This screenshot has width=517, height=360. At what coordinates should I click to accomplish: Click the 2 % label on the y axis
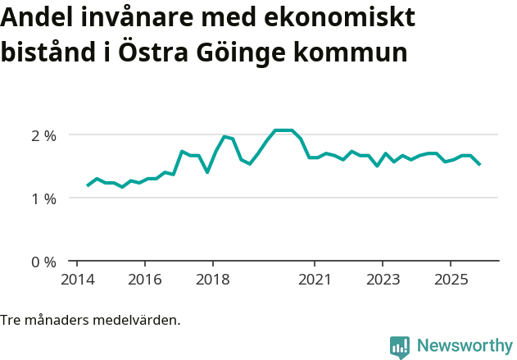(x=40, y=135)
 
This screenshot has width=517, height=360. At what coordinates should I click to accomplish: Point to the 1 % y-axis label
(x=40, y=198)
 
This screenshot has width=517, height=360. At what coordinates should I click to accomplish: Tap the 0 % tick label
(x=40, y=262)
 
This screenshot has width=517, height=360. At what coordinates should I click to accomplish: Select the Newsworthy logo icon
(x=400, y=347)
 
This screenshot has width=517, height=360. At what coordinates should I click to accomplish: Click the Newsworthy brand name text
(x=464, y=346)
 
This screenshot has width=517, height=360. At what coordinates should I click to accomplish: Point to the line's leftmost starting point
(x=88, y=185)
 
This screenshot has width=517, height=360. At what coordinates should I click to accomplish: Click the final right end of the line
(x=480, y=165)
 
